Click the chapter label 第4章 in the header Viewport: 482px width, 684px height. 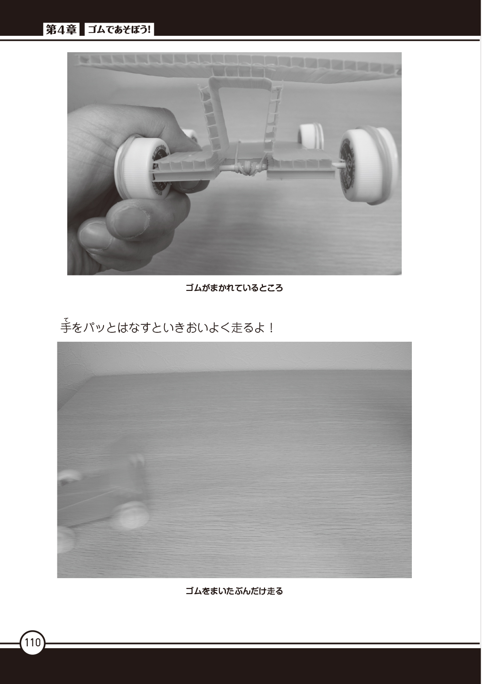pyautogui.click(x=61, y=30)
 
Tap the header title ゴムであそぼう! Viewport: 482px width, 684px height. pyautogui.click(x=120, y=30)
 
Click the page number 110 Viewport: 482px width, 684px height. pyautogui.click(x=32, y=643)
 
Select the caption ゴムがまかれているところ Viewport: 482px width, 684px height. pyautogui.click(x=234, y=288)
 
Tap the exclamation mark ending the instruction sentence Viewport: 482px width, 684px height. pyautogui.click(x=271, y=328)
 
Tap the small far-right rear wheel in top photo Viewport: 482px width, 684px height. pyautogui.click(x=311, y=135)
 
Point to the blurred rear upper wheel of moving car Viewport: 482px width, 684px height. pyautogui.click(x=137, y=465)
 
